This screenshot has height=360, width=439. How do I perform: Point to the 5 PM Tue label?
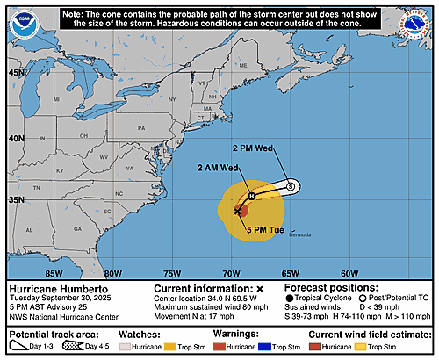pos(264,230)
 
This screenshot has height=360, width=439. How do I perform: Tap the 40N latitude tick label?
pos(16,139)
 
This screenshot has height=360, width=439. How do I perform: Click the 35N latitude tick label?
pos(16,201)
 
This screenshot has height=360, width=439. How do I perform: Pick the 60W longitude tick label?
pos(349,272)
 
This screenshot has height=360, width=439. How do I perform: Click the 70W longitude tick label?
pos(231,272)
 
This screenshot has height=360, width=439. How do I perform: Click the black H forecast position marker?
pos(250,196)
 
